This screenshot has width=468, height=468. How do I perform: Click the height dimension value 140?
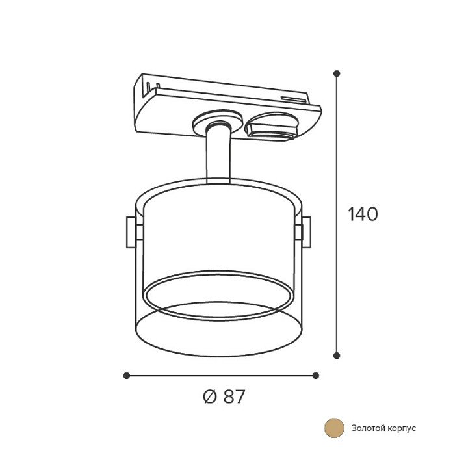tap(363, 214)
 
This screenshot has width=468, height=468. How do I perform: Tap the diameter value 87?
tap(234, 396)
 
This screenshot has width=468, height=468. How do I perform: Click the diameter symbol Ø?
tap(209, 396)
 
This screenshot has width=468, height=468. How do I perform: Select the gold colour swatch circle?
tap(334, 428)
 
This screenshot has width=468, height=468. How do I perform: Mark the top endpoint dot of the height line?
tap(337, 73)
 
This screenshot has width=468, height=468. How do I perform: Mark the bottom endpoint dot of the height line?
tap(337, 355)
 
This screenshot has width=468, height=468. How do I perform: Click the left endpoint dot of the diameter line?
tap(127, 376)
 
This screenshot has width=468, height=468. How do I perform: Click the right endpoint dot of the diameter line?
tap(316, 376)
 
